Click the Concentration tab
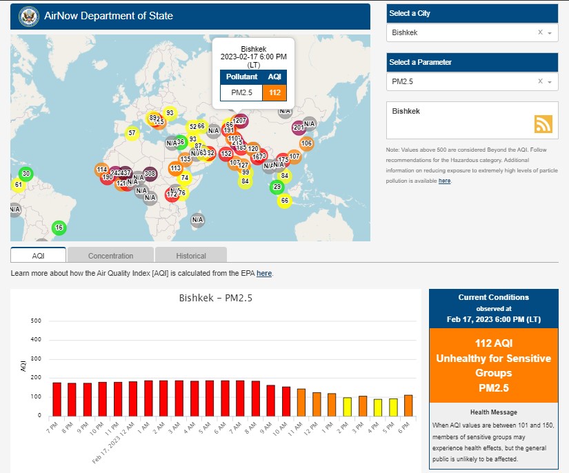[x=110, y=255]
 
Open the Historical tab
[x=190, y=255]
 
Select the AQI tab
[x=38, y=255]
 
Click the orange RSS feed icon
[x=543, y=123]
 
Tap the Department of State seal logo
[x=28, y=16]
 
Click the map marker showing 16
[x=59, y=228]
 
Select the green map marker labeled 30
[x=26, y=174]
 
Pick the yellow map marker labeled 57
[x=132, y=133]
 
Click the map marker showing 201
[x=299, y=127]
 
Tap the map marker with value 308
[x=150, y=174]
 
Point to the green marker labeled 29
[x=277, y=187]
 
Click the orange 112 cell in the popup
[x=274, y=92]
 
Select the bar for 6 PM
[x=408, y=405]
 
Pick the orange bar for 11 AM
[x=301, y=402]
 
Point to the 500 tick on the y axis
[x=37, y=321]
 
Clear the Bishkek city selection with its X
[x=540, y=32]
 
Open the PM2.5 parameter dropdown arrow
[x=550, y=82]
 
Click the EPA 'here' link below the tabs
[x=264, y=274]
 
